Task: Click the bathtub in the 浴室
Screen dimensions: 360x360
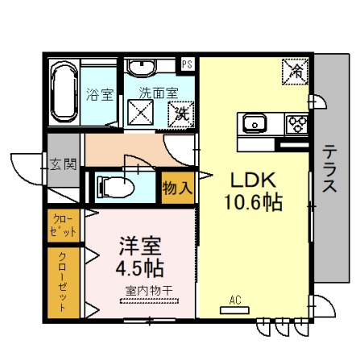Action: pos(64,92)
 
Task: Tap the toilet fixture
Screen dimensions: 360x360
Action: pos(115,186)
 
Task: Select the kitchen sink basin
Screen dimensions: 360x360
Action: pos(254,124)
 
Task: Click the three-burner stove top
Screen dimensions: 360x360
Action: pos(297,124)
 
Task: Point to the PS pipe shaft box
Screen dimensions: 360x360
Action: pos(188,64)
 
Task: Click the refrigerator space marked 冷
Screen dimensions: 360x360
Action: pos(295,72)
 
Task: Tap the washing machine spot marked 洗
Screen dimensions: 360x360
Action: pos(180,114)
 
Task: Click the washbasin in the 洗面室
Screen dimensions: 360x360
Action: pos(142,67)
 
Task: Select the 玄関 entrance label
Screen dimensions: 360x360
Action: pos(64,163)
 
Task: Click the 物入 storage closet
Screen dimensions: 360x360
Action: pos(178,188)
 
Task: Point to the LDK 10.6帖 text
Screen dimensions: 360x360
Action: pos(253,192)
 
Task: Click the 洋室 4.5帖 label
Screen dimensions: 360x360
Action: pos(140,257)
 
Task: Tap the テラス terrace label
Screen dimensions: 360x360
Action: pos(329,168)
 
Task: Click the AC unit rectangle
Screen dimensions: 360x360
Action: pos(234,310)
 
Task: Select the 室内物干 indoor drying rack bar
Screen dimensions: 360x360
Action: pos(149,301)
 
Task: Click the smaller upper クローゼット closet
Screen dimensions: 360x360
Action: pos(64,226)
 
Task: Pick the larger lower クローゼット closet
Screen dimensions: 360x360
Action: pos(64,283)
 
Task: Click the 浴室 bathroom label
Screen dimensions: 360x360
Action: pos(100,94)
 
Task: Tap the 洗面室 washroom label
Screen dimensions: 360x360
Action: pos(159,93)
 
